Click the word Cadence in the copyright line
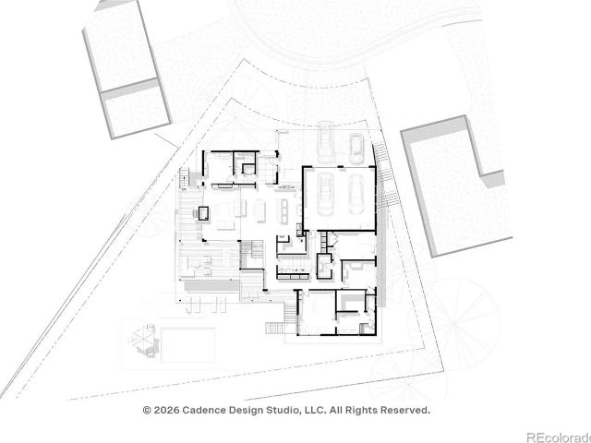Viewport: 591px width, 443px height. [x=205, y=410]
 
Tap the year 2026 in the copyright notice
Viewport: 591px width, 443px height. [x=166, y=410]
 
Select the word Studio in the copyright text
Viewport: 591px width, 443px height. [x=283, y=410]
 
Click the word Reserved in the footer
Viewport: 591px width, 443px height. [x=404, y=410]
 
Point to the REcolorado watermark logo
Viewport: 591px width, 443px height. [x=559, y=437]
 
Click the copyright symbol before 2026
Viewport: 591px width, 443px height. [x=147, y=410]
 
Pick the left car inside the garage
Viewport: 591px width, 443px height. [x=324, y=195]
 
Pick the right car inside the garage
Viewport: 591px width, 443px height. [x=356, y=195]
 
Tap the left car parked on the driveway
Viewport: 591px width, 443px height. [x=325, y=142]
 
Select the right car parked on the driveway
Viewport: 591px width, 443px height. [x=356, y=149]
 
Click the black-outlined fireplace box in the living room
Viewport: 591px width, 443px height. [x=203, y=213]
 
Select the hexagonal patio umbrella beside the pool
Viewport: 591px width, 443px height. [x=144, y=338]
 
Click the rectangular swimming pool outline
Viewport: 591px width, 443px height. [x=188, y=344]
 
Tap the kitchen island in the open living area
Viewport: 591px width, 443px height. [x=284, y=210]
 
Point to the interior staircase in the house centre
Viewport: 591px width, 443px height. [x=252, y=255]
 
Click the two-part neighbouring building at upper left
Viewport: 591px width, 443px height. [x=127, y=70]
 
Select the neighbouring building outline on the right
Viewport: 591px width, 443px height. [x=457, y=186]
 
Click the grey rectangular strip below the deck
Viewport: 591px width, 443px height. [x=211, y=286]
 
